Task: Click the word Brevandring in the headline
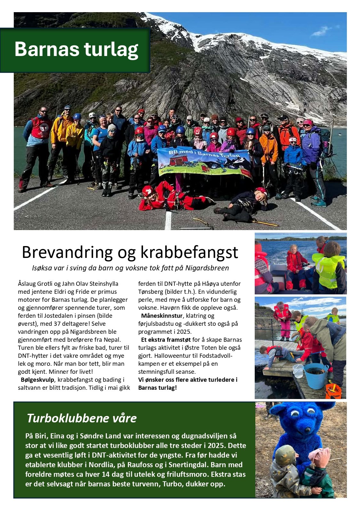(x=67, y=252)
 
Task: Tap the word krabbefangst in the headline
(x=189, y=252)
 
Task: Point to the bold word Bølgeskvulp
(x=37, y=380)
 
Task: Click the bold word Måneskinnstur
(x=162, y=316)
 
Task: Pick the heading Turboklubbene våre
(x=82, y=418)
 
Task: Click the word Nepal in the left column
(x=112, y=340)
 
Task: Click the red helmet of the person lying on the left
(x=148, y=191)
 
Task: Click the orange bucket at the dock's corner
(x=333, y=391)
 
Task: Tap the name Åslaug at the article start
(x=27, y=284)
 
